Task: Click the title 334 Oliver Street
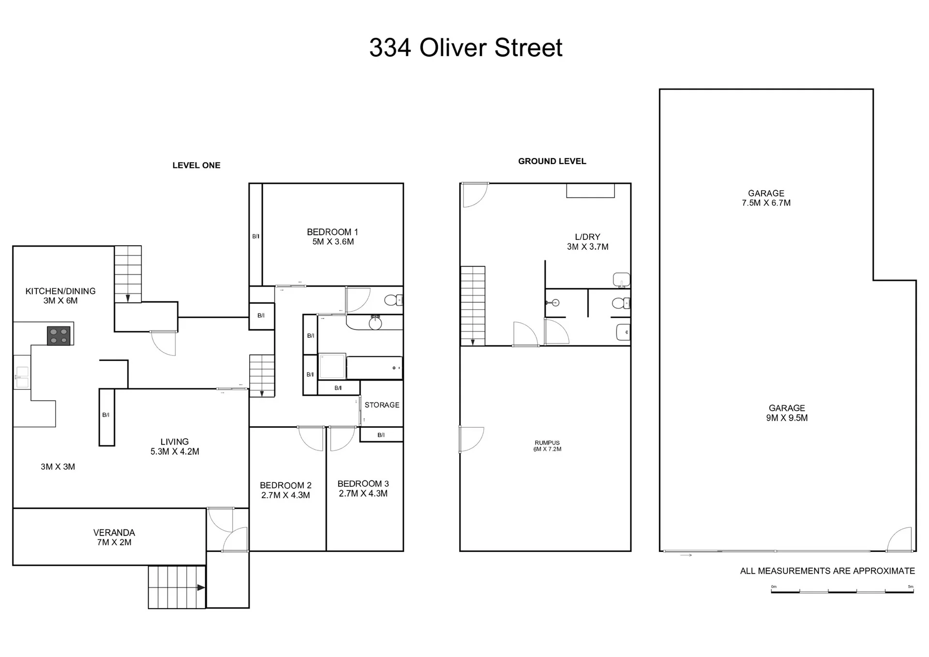[465, 47]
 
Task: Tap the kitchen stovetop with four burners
[59, 336]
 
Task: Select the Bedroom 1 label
[333, 237]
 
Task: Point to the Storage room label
[382, 405]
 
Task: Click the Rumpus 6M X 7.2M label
[547, 446]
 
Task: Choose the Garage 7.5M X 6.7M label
[766, 198]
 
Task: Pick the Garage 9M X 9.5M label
[787, 413]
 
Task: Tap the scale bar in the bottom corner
[842, 589]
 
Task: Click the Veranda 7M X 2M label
[114, 537]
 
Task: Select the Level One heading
[196, 165]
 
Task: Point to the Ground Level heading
[552, 161]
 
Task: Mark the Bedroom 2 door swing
[311, 438]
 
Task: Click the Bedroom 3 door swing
[342, 438]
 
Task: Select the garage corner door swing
[899, 539]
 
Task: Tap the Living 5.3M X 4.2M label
[175, 447]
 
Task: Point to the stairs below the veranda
[177, 587]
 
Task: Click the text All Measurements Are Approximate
[827, 571]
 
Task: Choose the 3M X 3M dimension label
[58, 467]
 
